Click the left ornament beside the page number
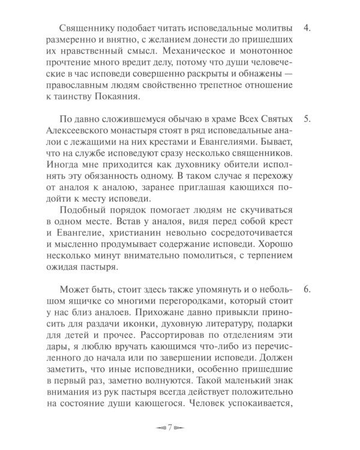click(x=160, y=428)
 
